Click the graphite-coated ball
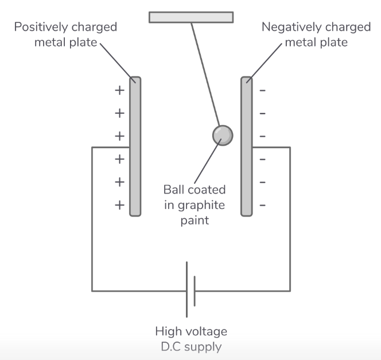[223, 136]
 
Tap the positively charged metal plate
[135, 146]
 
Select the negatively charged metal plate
[246, 146]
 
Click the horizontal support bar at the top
[191, 17]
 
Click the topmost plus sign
[119, 91]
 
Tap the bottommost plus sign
[119, 204]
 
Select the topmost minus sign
[263, 91]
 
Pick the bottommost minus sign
[263, 204]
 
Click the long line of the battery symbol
[186, 289]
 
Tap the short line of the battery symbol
[195, 291]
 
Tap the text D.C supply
[191, 347]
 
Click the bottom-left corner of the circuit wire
[92, 291]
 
